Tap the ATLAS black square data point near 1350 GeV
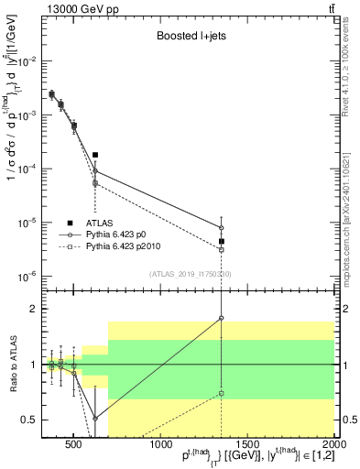pyautogui.click(x=222, y=242)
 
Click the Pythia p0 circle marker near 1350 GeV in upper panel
pyautogui.click(x=222, y=228)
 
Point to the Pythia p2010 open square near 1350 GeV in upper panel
pyautogui.click(x=222, y=249)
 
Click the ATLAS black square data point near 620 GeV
pyautogui.click(x=95, y=156)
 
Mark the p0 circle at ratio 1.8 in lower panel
pyautogui.click(x=222, y=318)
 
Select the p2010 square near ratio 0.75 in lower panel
pyautogui.click(x=222, y=393)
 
